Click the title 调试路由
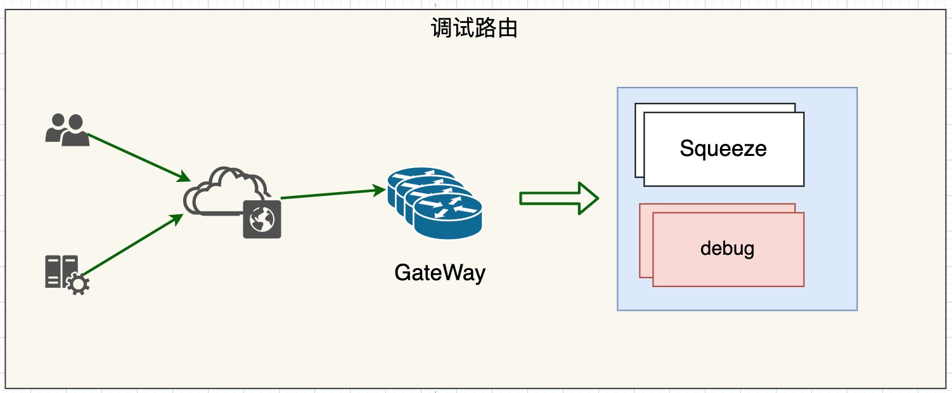pyautogui.click(x=474, y=29)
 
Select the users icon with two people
pyautogui.click(x=67, y=130)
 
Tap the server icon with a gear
pyautogui.click(x=63, y=273)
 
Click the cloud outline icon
pyautogui.click(x=222, y=190)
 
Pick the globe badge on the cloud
pyautogui.click(x=262, y=219)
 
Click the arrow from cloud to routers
pyautogui.click(x=333, y=194)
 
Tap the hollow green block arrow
pyautogui.click(x=558, y=198)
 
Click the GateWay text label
pyautogui.click(x=439, y=273)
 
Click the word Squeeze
pyautogui.click(x=723, y=149)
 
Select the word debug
pyautogui.click(x=728, y=248)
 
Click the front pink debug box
pyautogui.click(x=728, y=266)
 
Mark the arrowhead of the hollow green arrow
pyautogui.click(x=589, y=198)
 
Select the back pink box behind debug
pyautogui.click(x=646, y=241)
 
